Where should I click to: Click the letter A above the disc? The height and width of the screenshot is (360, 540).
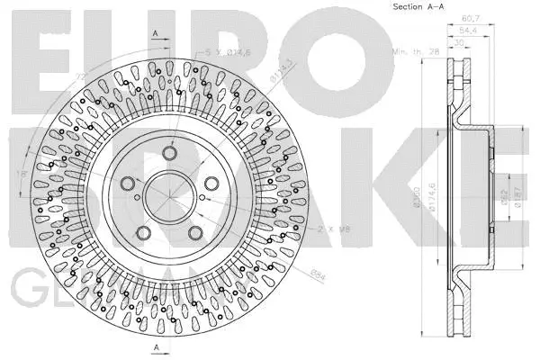pos(156,32)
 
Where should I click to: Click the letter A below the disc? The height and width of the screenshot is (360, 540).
pos(156,347)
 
